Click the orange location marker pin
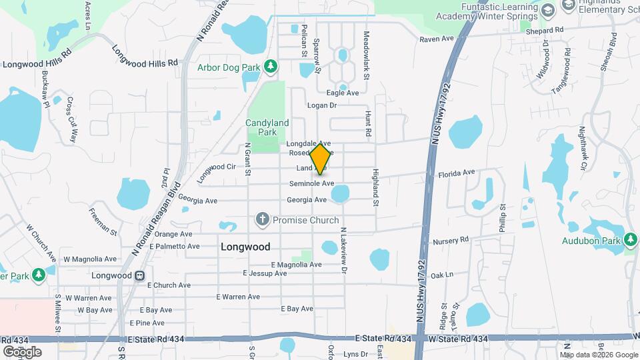point(321,159)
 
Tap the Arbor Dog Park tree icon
point(271,66)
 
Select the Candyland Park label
point(267,127)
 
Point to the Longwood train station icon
point(140,275)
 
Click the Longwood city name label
point(245,247)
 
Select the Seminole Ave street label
point(311,183)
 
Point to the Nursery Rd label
point(451,239)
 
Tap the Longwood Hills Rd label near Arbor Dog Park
point(146,62)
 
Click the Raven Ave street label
point(437,39)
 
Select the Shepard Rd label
point(544,31)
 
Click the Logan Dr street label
point(322,105)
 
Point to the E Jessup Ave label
point(265,273)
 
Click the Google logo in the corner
point(22,351)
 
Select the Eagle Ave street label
point(343,93)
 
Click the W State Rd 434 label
point(458,339)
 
